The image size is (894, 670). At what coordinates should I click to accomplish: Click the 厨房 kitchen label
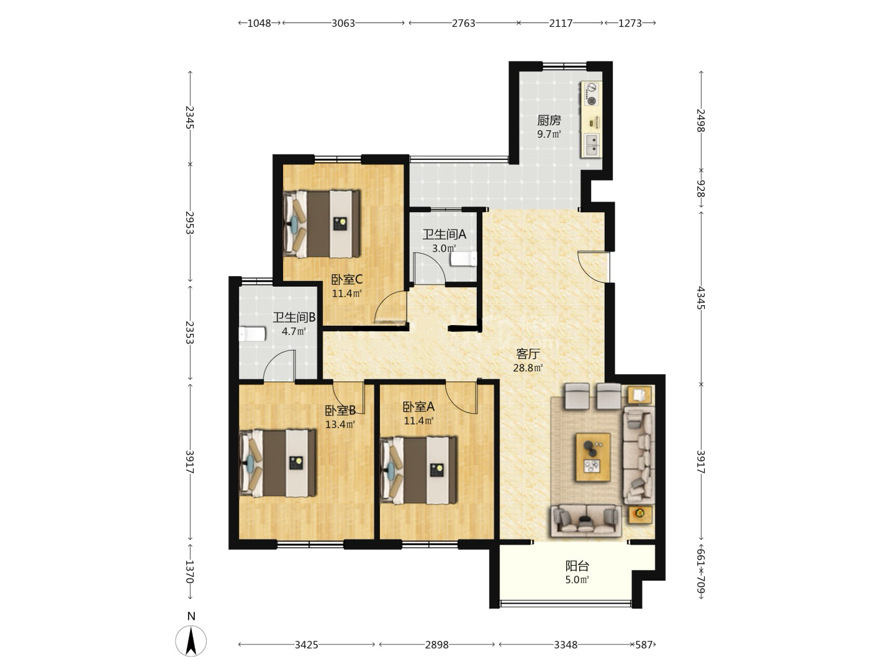(x=549, y=120)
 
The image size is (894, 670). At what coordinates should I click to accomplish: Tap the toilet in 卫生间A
(x=464, y=259)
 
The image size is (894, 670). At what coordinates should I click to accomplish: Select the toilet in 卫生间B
(x=252, y=334)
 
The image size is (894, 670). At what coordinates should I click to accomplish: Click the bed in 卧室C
(x=322, y=224)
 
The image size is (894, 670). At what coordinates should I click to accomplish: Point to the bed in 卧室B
(x=278, y=463)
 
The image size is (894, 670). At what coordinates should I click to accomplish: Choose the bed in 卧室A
(x=418, y=470)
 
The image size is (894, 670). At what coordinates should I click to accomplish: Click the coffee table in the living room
(x=593, y=457)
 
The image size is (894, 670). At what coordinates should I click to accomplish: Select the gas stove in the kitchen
(x=592, y=94)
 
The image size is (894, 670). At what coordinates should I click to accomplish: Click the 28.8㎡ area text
(x=528, y=368)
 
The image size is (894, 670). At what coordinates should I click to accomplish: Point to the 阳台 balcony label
(x=577, y=566)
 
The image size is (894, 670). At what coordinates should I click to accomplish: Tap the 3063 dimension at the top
(x=343, y=23)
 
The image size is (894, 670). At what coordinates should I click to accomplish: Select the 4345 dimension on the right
(x=700, y=298)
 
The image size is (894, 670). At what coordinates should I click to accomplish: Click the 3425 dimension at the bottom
(x=306, y=645)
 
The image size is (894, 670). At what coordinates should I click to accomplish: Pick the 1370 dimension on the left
(x=190, y=571)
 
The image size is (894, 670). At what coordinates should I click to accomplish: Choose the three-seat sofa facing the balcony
(x=586, y=520)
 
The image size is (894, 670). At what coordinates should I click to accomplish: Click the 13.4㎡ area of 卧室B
(x=340, y=425)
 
